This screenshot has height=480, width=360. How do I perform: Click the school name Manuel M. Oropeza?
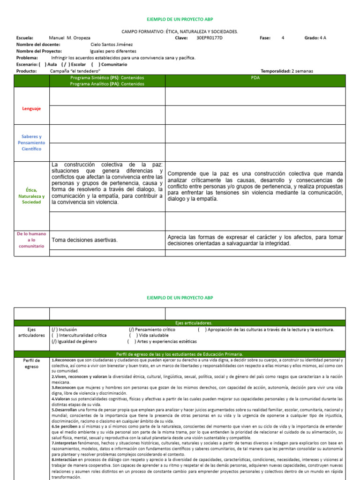point(69,38)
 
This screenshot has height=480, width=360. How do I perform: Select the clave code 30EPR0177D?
point(210,38)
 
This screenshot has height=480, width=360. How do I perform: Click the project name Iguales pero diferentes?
point(113,51)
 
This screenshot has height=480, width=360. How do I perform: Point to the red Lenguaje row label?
point(31,108)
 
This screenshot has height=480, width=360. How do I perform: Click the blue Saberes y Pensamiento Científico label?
point(31,142)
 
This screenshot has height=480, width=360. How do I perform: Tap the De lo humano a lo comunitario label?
point(31,240)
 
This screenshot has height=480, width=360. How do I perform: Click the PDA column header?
point(255,78)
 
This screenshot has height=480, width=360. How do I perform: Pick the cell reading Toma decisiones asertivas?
point(84,240)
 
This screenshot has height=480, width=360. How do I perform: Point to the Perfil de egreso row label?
point(31,364)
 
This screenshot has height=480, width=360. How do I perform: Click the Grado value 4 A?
point(322,38)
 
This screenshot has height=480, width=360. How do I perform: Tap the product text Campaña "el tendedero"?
point(75,71)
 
